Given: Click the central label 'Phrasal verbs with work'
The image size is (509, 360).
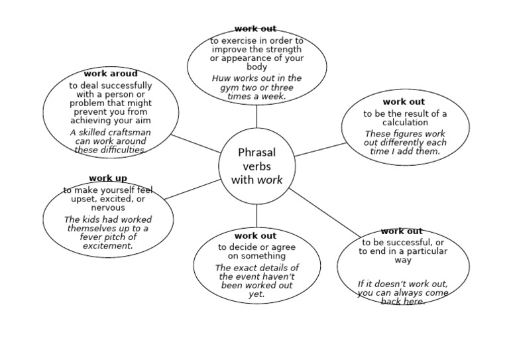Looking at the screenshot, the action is tap(256, 166).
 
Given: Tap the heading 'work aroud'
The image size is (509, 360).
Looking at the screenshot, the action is tap(111, 74).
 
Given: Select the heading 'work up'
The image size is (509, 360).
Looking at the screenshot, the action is tap(108, 178).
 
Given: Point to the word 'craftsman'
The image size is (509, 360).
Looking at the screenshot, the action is tap(129, 133).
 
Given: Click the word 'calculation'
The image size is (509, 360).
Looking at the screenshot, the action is tap(405, 123).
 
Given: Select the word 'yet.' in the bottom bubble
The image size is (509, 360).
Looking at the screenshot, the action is tap(256, 294).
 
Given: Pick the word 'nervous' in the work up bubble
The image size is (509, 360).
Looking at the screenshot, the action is tap(108, 208).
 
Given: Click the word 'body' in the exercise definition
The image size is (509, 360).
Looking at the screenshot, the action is tap(256, 67).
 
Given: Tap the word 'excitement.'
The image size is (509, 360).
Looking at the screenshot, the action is tap(108, 246).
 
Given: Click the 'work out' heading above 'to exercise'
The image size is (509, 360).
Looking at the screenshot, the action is tap(255, 29).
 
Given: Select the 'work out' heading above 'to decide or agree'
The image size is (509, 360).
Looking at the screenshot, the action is tap(255, 235).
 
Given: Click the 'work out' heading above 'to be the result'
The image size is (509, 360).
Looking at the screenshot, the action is tap(404, 102).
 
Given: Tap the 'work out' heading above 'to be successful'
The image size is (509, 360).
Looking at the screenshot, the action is tap(402, 231).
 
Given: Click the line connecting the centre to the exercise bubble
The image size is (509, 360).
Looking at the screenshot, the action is tap(256, 117).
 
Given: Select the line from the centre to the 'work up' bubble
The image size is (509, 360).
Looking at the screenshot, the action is tap(192, 189).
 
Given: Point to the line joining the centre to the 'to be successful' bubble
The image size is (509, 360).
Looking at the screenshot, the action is tap(325, 213).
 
